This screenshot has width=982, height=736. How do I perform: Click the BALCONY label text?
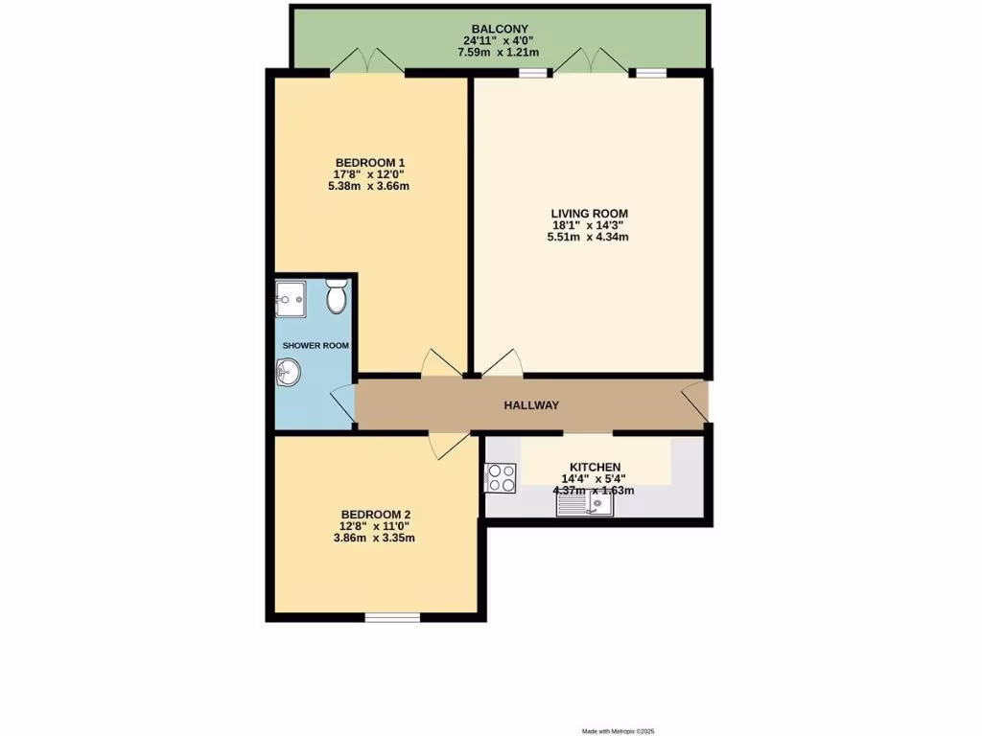coord(499,29)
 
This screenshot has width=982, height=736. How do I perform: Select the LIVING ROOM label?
coord(589,213)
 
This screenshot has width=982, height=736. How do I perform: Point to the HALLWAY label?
coord(531,405)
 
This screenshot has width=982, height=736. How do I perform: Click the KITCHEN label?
coord(595,467)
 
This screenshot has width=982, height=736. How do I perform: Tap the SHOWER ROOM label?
coord(315,345)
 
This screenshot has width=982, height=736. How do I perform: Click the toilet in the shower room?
coord(336,298)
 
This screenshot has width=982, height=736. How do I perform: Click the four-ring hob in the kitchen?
coord(501,477)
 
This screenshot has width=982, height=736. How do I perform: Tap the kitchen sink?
coord(585,503)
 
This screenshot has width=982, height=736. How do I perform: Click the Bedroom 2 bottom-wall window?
coord(392,618)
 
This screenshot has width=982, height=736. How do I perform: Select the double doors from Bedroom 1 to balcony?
coord(369,61)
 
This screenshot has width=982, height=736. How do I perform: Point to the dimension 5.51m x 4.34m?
coord(589,238)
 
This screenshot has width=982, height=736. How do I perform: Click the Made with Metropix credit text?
coord(619,731)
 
